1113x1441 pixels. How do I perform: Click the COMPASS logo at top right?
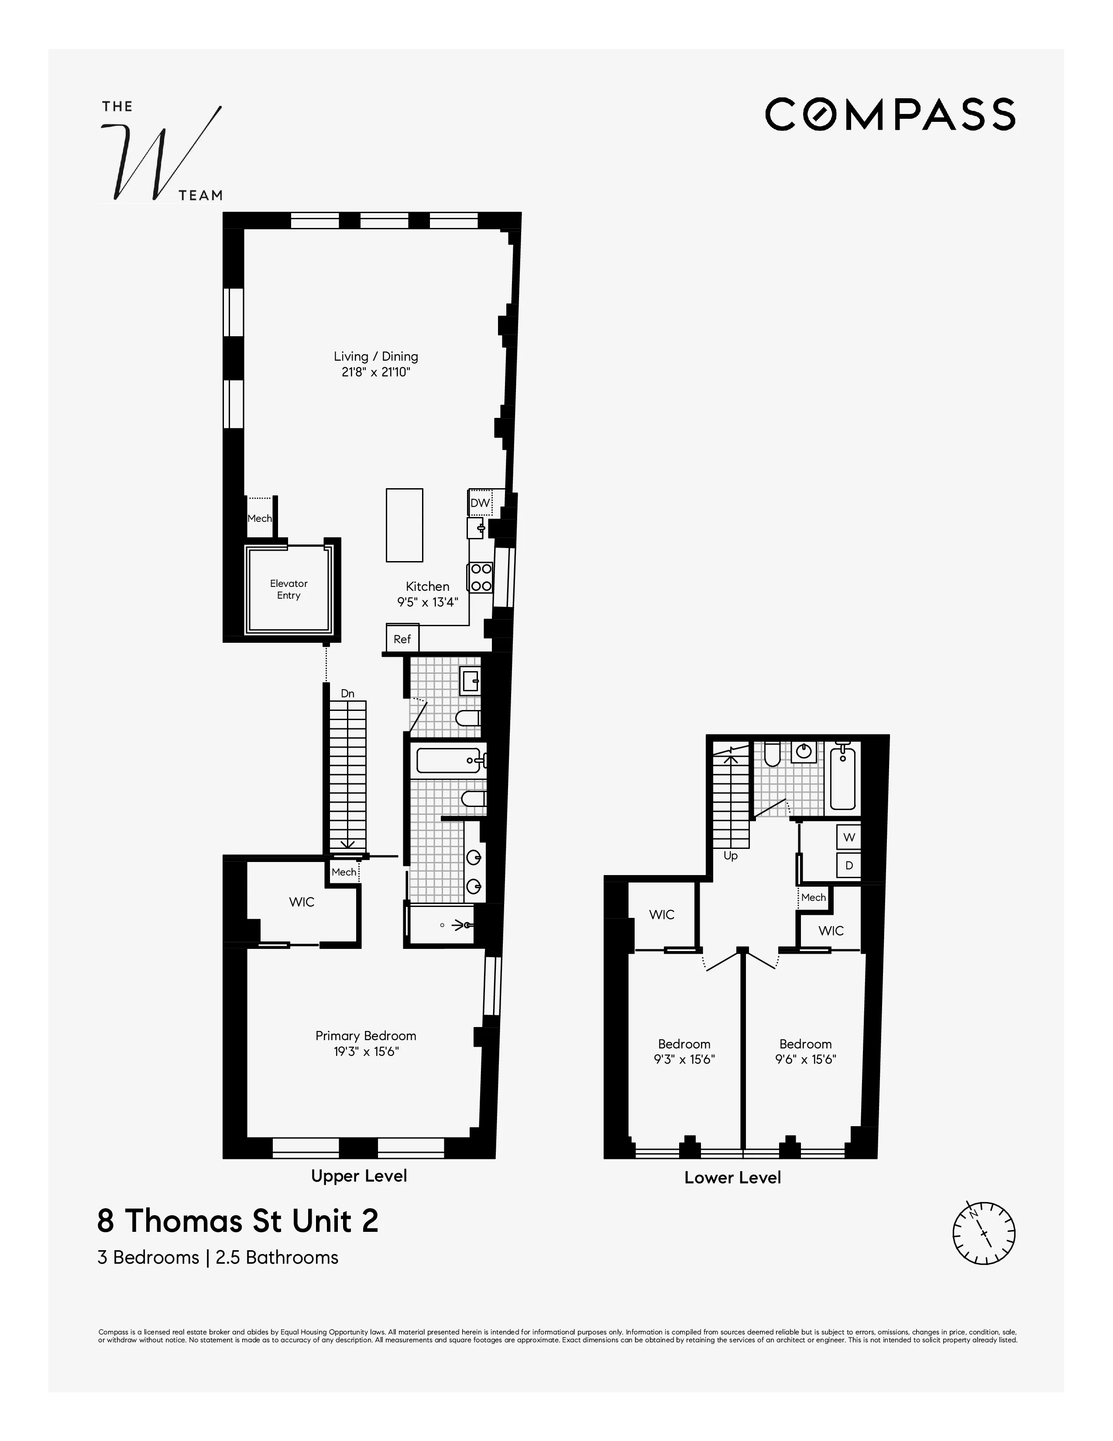click(x=890, y=114)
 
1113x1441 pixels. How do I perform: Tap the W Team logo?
click(x=161, y=152)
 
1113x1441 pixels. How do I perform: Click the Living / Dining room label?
click(x=375, y=356)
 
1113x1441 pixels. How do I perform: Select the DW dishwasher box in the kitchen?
click(x=480, y=503)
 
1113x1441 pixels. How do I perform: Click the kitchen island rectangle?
click(x=404, y=525)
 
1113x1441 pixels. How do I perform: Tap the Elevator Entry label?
click(x=289, y=589)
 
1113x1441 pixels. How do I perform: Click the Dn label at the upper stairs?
click(x=347, y=693)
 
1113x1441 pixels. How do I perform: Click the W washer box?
click(x=848, y=837)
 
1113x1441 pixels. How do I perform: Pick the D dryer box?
click(x=848, y=865)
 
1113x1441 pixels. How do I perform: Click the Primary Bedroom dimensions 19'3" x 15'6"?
click(x=366, y=1051)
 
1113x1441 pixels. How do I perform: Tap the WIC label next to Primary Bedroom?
click(x=301, y=902)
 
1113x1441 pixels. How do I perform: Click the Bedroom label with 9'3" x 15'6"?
click(x=684, y=1044)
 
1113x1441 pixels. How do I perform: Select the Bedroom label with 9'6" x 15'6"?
click(x=805, y=1044)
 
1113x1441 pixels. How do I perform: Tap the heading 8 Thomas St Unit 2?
click(x=238, y=1220)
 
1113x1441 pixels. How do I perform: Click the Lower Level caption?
click(x=732, y=1178)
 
